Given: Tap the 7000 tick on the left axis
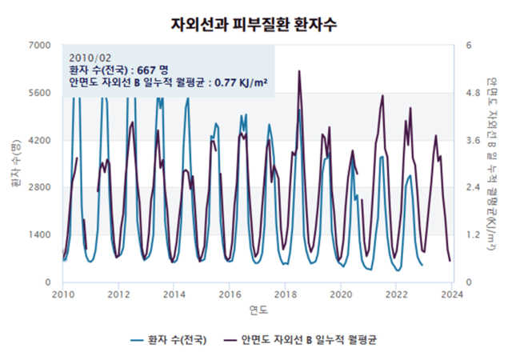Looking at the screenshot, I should coord(40,46).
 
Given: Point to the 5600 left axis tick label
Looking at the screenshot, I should coord(40,93).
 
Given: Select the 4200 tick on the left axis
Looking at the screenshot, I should coord(40,140).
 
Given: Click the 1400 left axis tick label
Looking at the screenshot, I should coord(40,234).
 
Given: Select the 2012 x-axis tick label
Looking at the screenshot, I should coord(118,294).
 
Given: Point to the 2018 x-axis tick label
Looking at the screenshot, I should coord(285,294).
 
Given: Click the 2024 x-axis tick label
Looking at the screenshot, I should coord(451,294).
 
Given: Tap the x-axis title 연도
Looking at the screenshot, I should coord(258,310).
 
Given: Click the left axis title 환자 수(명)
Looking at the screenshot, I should coord(15,164).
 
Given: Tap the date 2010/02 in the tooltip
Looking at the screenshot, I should coord(90,58).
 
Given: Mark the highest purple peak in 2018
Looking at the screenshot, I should coord(299,71).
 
